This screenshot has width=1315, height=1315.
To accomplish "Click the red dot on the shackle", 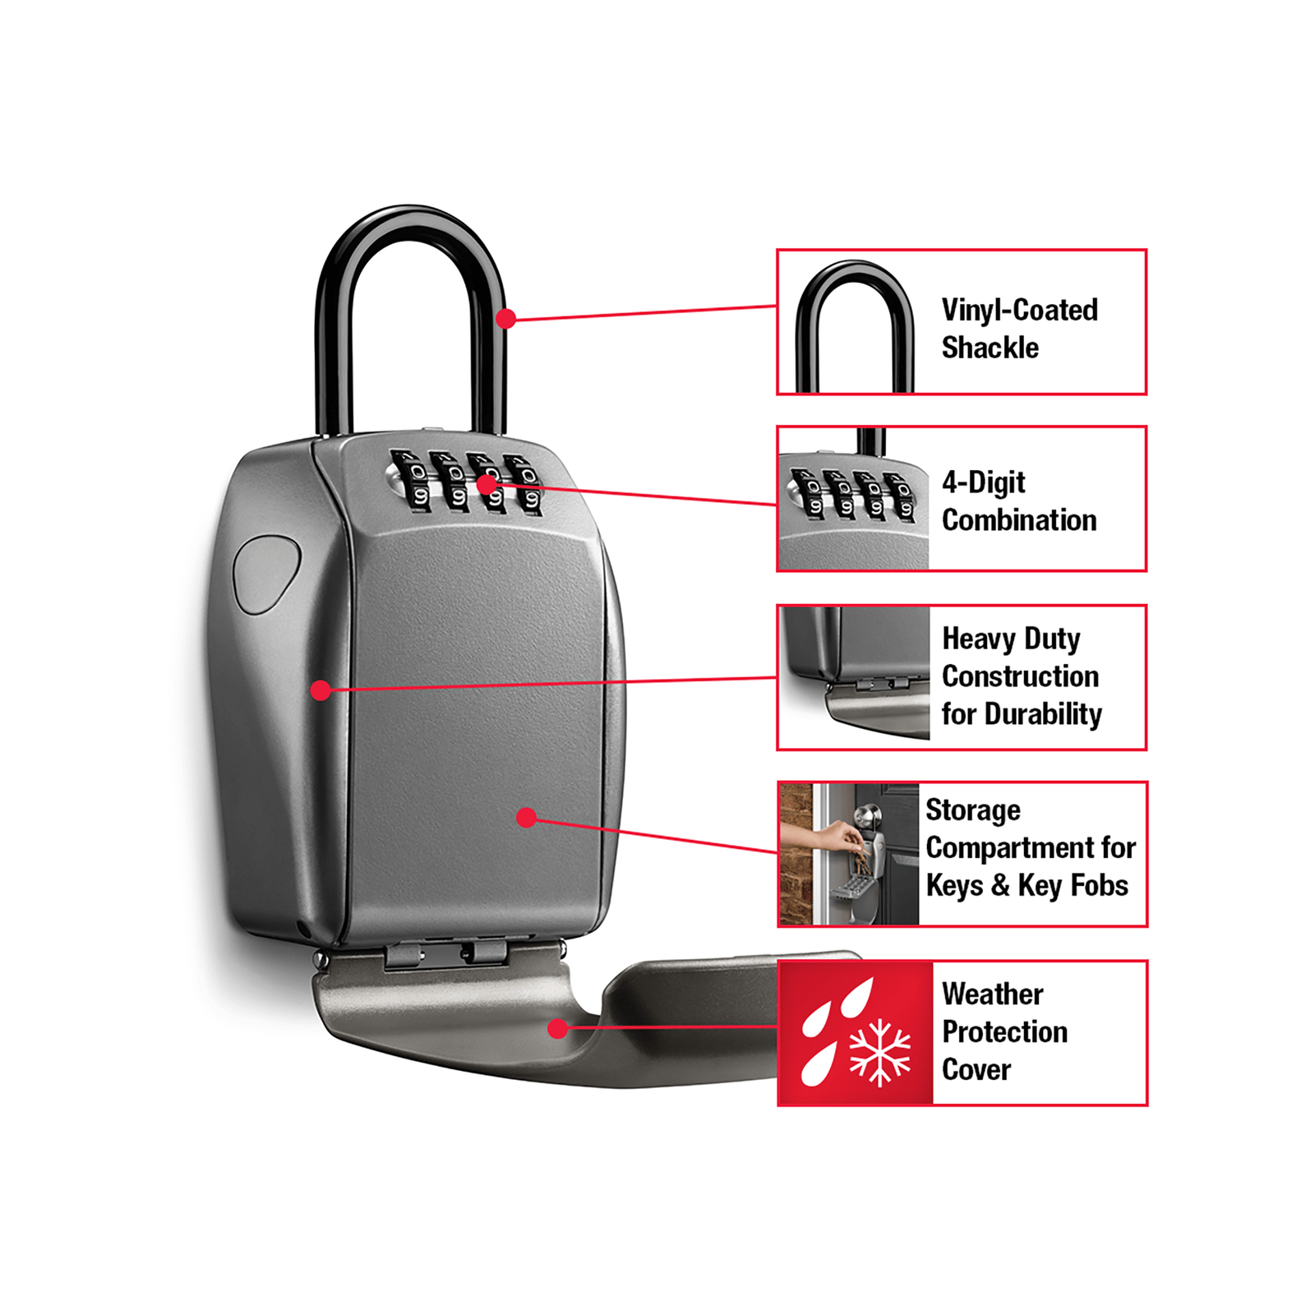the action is pyautogui.click(x=506, y=318).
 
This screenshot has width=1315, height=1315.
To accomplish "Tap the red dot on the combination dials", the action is pyautogui.click(x=487, y=484).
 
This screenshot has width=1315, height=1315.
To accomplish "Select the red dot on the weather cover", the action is pyautogui.click(x=558, y=1027).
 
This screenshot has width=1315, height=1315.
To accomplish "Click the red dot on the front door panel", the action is pyautogui.click(x=527, y=817).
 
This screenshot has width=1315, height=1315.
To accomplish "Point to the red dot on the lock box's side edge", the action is pyautogui.click(x=321, y=690).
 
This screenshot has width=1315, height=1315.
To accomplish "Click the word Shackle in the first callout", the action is pyautogui.click(x=990, y=348).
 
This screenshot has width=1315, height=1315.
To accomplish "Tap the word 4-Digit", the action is pyautogui.click(x=983, y=482).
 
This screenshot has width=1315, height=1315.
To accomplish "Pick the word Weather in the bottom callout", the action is pyautogui.click(x=992, y=994).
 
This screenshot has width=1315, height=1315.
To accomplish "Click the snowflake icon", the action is pyautogui.click(x=879, y=1052).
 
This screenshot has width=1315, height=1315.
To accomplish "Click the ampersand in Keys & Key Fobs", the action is pyautogui.click(x=1000, y=885).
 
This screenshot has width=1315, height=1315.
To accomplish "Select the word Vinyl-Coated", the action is pyautogui.click(x=1019, y=310).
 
